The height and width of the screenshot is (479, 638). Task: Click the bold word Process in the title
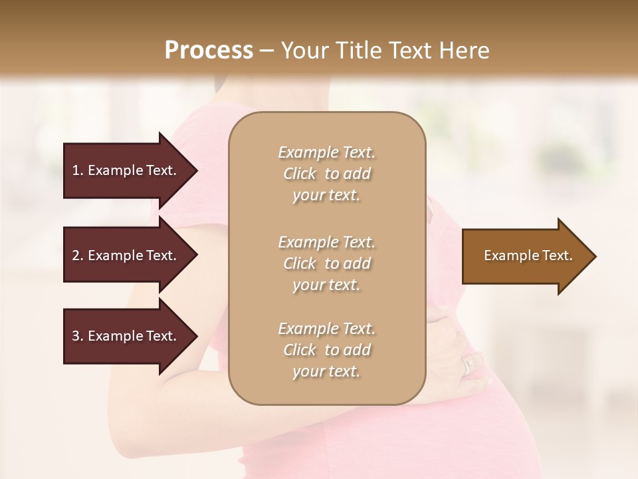coord(209,50)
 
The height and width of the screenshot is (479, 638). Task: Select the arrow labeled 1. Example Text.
coord(124,170)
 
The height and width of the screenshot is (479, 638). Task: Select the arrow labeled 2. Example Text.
coord(124,255)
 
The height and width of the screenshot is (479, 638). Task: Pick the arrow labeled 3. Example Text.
coord(124,336)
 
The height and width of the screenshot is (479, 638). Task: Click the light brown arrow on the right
coord(525,255)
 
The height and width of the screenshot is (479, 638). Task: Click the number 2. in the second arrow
coord(78,255)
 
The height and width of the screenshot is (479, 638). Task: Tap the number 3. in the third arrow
coord(78,336)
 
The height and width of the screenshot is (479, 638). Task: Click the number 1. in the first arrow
coord(78,170)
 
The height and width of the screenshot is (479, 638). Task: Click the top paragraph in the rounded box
coord(326,174)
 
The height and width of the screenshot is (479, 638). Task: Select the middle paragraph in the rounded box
coord(326,263)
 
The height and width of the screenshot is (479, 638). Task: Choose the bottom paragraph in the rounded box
coord(326,350)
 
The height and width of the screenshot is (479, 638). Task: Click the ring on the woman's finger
coord(469,365)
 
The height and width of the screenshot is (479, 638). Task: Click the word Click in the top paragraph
coord(300,174)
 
